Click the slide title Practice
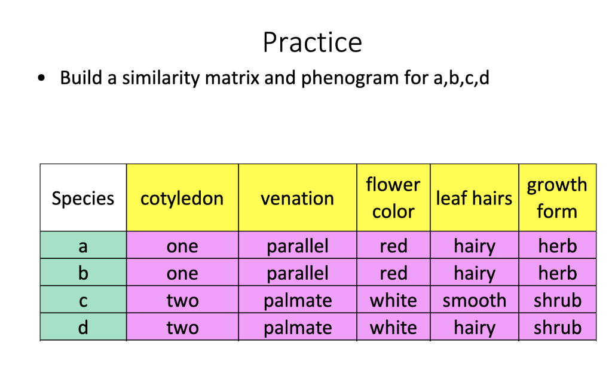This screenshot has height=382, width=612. (x=312, y=43)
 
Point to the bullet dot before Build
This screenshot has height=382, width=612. (x=41, y=78)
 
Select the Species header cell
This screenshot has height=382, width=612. (x=83, y=198)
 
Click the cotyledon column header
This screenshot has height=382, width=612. (x=182, y=198)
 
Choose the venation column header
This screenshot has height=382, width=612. (x=298, y=198)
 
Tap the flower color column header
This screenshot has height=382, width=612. (x=393, y=198)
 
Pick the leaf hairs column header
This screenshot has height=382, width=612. (x=474, y=198)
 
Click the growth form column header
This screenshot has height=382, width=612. (x=557, y=198)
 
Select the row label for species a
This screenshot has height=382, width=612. (x=83, y=245)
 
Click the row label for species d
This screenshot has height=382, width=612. (x=83, y=327)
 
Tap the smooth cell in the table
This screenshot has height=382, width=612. (x=474, y=300)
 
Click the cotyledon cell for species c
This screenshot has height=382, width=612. (x=182, y=300)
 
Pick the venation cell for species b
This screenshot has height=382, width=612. (x=298, y=273)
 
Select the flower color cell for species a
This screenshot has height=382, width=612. (x=393, y=245)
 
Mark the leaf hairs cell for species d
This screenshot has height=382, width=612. (x=474, y=327)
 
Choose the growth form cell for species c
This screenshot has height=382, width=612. (x=557, y=300)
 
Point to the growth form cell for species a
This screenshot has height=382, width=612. (x=557, y=245)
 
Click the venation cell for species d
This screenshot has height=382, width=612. (x=298, y=327)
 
